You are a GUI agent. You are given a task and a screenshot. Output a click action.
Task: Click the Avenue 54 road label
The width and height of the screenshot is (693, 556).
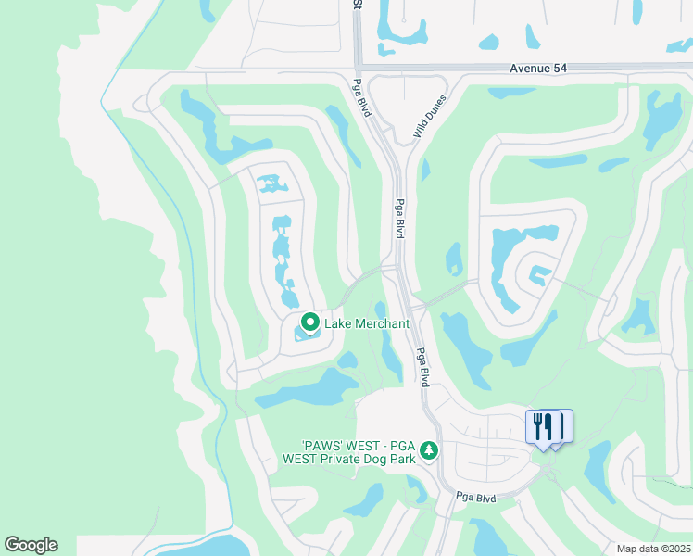[536, 69]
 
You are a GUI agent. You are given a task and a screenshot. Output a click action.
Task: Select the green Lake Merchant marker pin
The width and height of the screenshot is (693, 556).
[309, 322]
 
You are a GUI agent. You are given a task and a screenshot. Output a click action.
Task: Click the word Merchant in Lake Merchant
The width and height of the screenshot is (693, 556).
[378, 323]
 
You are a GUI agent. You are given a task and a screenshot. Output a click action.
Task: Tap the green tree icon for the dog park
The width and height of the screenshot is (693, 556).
[428, 450]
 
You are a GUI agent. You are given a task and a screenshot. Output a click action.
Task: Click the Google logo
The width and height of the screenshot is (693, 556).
[31, 545]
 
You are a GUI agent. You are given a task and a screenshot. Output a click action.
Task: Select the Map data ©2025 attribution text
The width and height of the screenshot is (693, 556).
[654, 549]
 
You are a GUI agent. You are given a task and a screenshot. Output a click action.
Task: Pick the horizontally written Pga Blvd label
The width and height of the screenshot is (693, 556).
[475, 498]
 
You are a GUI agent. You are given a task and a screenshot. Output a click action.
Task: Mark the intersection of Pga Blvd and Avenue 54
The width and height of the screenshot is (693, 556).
[358, 67]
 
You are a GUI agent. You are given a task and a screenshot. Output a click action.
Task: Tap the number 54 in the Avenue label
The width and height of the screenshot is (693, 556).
[557, 69]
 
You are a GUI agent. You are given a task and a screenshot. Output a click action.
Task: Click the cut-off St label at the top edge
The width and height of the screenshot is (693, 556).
[356, 5]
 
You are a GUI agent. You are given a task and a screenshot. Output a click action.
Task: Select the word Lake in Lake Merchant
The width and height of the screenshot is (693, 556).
[336, 323]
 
